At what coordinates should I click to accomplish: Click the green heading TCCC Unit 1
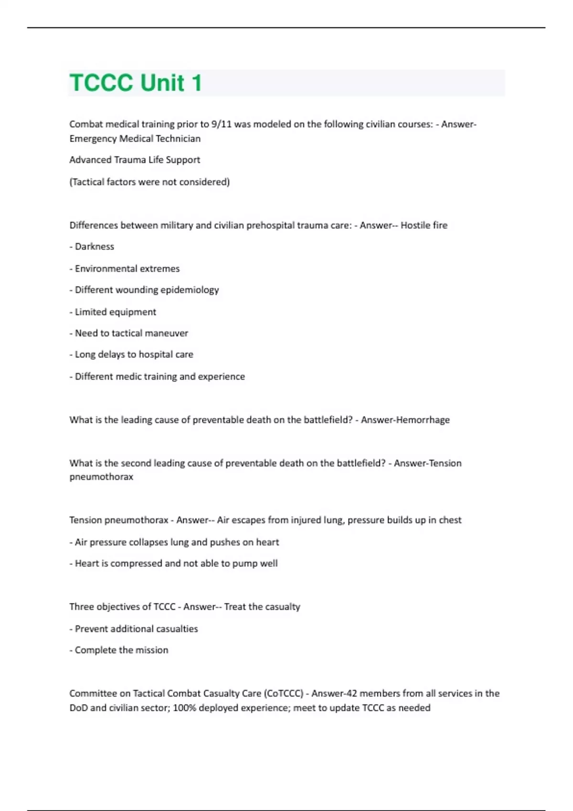coord(136,83)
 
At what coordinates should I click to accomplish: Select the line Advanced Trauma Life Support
coord(135,160)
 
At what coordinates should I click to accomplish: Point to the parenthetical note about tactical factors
coord(149,182)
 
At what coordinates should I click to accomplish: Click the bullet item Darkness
coord(94,247)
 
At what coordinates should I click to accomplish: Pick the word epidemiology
coord(190,290)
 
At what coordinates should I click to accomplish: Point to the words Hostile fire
coord(424,225)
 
